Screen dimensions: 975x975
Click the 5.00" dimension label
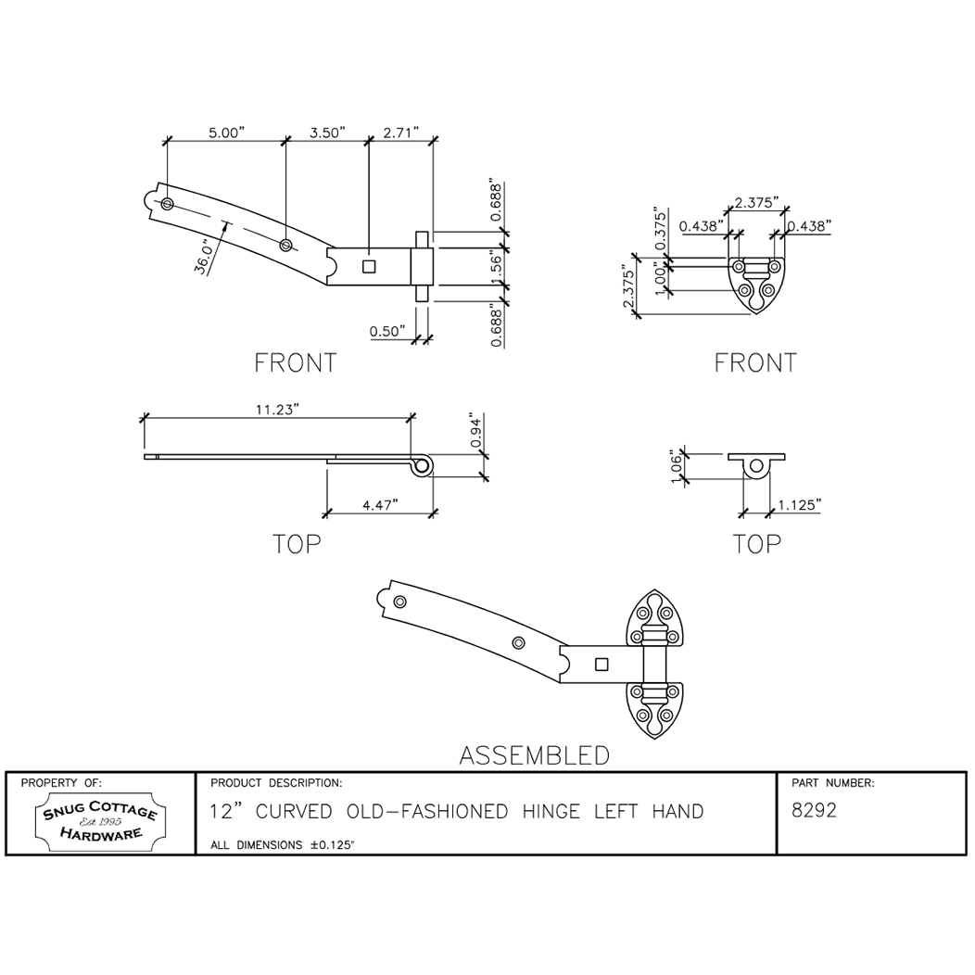(x=225, y=133)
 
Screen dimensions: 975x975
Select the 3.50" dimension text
(x=327, y=133)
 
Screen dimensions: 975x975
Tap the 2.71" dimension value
(x=401, y=133)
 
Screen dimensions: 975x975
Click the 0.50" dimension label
(x=387, y=331)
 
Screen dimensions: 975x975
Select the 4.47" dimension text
(x=379, y=504)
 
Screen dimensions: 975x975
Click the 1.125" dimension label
(x=799, y=504)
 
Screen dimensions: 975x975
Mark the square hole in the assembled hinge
(x=601, y=664)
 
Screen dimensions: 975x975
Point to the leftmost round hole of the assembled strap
(x=399, y=602)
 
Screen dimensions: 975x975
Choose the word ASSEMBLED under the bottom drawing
(x=535, y=755)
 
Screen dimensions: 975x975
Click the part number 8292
(x=815, y=811)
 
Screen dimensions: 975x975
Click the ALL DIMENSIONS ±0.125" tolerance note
(x=284, y=844)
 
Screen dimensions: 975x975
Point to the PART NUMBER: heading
(x=833, y=783)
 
